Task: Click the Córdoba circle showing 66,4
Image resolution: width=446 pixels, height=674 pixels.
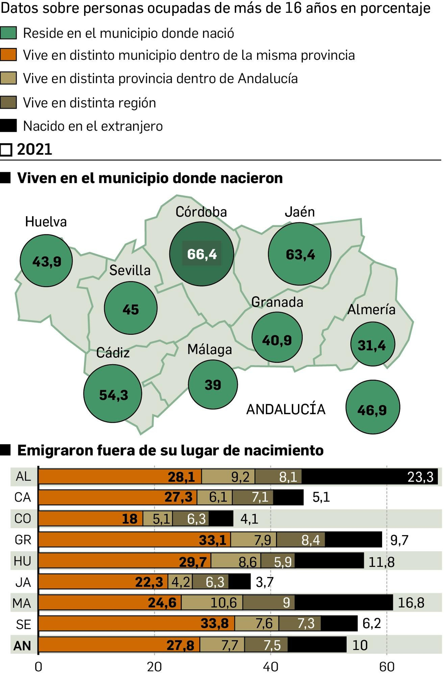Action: coord(201,254)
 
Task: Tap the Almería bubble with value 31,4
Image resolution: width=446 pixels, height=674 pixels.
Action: coord(372,344)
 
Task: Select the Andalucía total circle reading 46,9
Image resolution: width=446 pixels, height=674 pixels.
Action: coord(373,407)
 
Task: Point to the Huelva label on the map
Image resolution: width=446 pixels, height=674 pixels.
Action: coord(46,222)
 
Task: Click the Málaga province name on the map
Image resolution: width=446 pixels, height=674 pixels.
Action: coord(210,350)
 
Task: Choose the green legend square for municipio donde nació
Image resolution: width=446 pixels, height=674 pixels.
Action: coord(8,33)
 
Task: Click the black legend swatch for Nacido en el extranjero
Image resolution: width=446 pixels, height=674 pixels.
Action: coord(8,126)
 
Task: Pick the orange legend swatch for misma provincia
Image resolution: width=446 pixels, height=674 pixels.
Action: coord(8,55)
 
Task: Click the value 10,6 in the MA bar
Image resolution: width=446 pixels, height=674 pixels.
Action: coord(224,602)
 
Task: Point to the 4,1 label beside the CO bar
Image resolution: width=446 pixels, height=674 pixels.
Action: coord(249,519)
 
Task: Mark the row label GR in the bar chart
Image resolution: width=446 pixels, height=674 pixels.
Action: coord(23,540)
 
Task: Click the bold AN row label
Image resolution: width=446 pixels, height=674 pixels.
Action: coord(22,646)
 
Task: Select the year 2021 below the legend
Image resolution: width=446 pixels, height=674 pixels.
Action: coord(34,149)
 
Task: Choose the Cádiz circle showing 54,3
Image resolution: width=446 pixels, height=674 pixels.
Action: coord(113,394)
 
